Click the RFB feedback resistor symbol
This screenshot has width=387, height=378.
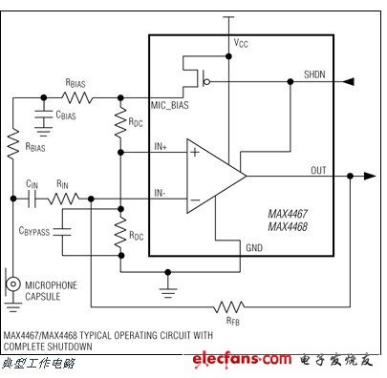pos(229,307)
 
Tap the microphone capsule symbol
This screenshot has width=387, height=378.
pos(13,283)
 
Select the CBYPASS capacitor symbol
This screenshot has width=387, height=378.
pos(62,232)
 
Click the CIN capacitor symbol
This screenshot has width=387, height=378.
pos(32,199)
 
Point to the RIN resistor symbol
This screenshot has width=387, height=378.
pos(63,199)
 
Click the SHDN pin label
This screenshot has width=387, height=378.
pos(314,74)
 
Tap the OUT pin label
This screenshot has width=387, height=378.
pos(318,170)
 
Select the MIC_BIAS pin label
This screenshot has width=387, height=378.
pos(169,105)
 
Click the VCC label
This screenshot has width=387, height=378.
pos(241,43)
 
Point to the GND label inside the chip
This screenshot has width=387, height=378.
pos(254,248)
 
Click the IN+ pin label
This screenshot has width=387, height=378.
pos(161,146)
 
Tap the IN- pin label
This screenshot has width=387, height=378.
pos(160,193)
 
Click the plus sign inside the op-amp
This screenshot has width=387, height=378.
pos(195,153)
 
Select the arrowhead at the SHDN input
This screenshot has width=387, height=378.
pos(348,82)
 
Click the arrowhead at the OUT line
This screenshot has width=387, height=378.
pos(370,176)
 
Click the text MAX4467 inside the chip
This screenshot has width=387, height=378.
pos(288,214)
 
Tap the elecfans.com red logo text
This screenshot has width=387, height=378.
pos(242,359)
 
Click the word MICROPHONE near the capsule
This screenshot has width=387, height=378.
pos(51,285)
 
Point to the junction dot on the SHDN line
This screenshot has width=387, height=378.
pos(290,82)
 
